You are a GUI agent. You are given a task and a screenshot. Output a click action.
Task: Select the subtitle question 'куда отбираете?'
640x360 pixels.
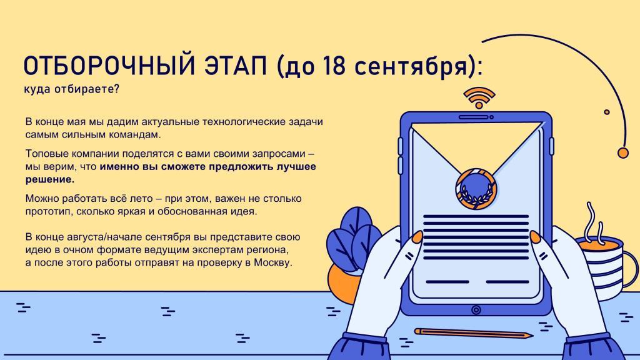click(71, 89)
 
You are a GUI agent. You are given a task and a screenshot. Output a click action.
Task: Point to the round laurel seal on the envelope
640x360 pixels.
click(476, 189)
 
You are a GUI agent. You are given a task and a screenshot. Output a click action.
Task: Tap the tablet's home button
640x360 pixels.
click(476, 310)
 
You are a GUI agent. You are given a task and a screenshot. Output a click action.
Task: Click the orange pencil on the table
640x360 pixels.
click(474, 333)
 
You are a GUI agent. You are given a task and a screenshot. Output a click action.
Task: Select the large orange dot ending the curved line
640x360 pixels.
click(623, 152)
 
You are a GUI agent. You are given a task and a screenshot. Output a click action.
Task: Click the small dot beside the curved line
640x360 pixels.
click(606, 112)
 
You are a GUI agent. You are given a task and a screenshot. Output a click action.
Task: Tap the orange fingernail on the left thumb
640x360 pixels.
click(417, 237)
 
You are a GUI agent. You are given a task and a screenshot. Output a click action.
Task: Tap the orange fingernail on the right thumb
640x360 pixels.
click(536, 237)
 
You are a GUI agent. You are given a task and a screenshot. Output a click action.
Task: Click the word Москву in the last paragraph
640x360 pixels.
click(272, 262)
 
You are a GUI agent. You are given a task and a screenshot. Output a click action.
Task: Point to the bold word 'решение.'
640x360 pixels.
click(50, 179)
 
